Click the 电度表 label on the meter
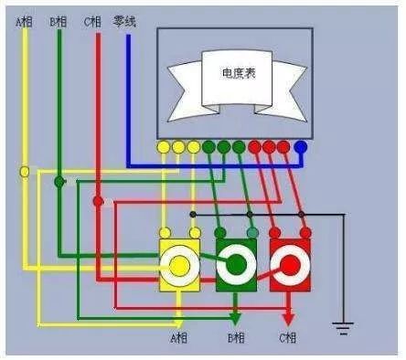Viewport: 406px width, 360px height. click(x=239, y=71)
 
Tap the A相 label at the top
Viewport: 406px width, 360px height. click(x=24, y=20)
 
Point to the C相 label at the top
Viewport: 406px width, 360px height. click(x=92, y=20)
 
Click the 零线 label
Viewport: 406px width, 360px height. click(x=125, y=20)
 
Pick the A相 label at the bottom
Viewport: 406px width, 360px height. click(x=179, y=339)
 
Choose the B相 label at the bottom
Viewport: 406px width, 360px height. click(x=236, y=339)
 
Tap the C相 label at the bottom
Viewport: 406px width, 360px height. click(x=289, y=339)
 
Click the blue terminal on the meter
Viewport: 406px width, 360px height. click(x=300, y=146)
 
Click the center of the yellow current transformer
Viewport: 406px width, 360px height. click(x=180, y=265)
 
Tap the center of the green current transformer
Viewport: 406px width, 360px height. click(x=236, y=265)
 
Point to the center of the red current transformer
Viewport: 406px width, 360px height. click(x=290, y=265)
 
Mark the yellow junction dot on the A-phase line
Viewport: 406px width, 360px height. click(x=25, y=171)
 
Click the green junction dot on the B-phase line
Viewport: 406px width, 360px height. click(x=59, y=182)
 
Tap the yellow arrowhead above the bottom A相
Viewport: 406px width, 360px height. click(x=180, y=319)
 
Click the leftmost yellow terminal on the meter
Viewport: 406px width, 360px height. click(x=164, y=146)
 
